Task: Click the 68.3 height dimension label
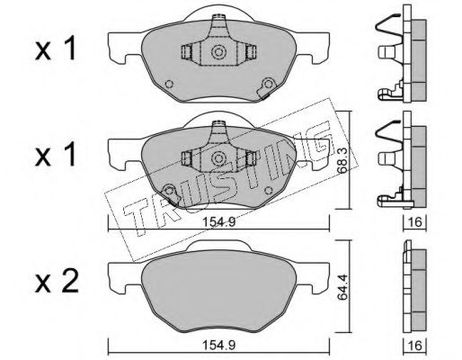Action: tap(342, 160)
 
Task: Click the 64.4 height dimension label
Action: tap(342, 287)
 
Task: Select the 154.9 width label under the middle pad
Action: tap(219, 222)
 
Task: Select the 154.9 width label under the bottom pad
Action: tap(219, 345)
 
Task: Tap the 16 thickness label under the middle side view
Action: tap(415, 222)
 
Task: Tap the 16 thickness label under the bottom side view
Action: tap(415, 345)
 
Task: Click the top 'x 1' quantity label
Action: tap(56, 49)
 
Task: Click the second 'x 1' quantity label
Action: tap(56, 156)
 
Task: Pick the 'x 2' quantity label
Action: tap(57, 282)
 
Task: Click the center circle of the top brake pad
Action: tap(218, 52)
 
